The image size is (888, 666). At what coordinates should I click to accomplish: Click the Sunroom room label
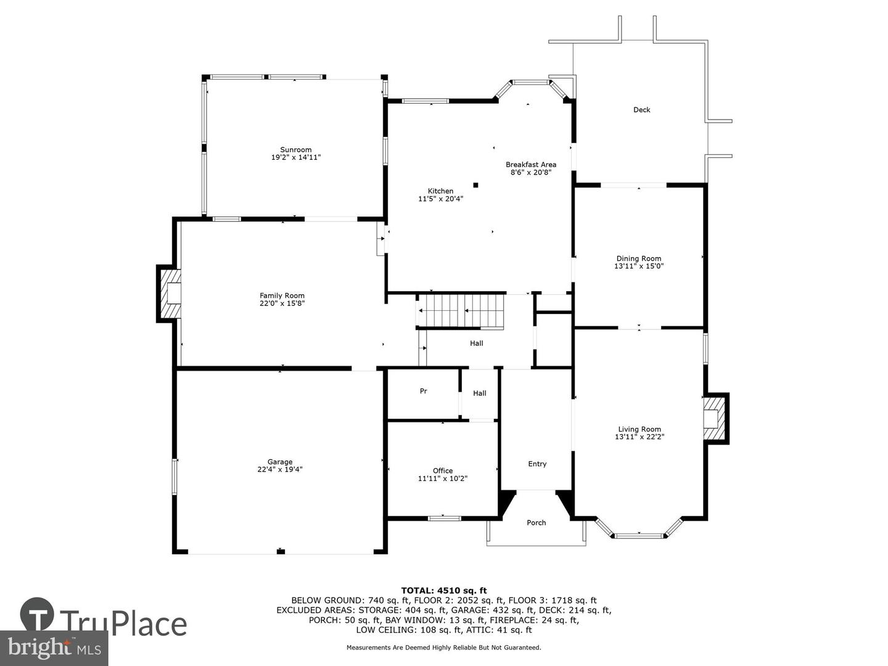pos(296,150)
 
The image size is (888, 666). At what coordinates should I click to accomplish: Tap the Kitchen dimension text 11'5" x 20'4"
pos(440,199)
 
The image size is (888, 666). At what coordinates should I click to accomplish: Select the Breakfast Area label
pos(531,165)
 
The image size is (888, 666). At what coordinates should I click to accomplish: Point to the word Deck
pos(641,110)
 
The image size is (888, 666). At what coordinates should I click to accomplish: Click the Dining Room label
pos(639,258)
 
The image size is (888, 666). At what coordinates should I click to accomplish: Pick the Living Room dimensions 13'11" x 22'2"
pos(639,437)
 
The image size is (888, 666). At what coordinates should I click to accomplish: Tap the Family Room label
pos(282,295)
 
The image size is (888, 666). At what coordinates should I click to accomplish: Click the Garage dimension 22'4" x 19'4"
pos(280,469)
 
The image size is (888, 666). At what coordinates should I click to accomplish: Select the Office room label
pos(443,471)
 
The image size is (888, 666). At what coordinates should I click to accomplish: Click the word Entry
pos(537,464)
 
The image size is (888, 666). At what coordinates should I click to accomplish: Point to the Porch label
pos(536,522)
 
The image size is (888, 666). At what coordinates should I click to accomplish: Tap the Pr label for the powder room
pos(423,391)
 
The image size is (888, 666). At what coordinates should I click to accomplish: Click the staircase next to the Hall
pos(461,311)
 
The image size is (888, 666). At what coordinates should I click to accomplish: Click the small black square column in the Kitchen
pos(475,185)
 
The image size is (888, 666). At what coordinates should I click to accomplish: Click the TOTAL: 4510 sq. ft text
pos(444,591)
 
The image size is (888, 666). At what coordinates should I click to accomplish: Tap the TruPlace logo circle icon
pos(37,614)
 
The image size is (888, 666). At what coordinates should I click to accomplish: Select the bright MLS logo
pos(54,648)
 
